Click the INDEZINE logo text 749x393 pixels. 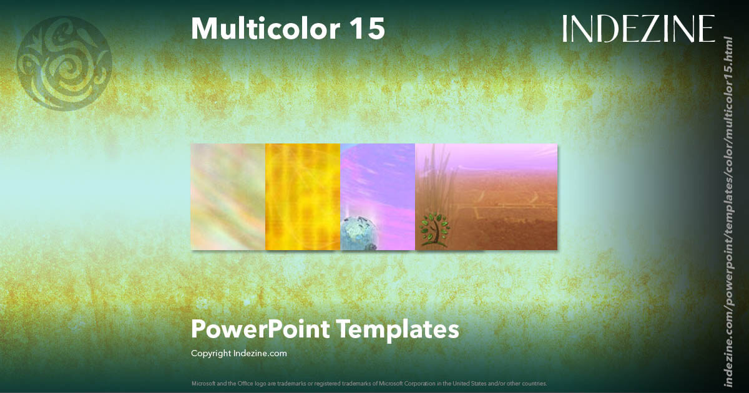tap(639, 29)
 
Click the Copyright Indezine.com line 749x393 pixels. tap(239, 354)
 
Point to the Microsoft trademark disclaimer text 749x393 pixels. tap(369, 383)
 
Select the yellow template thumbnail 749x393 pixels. tap(303, 196)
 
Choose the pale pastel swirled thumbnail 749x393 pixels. tap(228, 196)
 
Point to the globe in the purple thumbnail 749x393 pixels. tap(358, 234)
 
